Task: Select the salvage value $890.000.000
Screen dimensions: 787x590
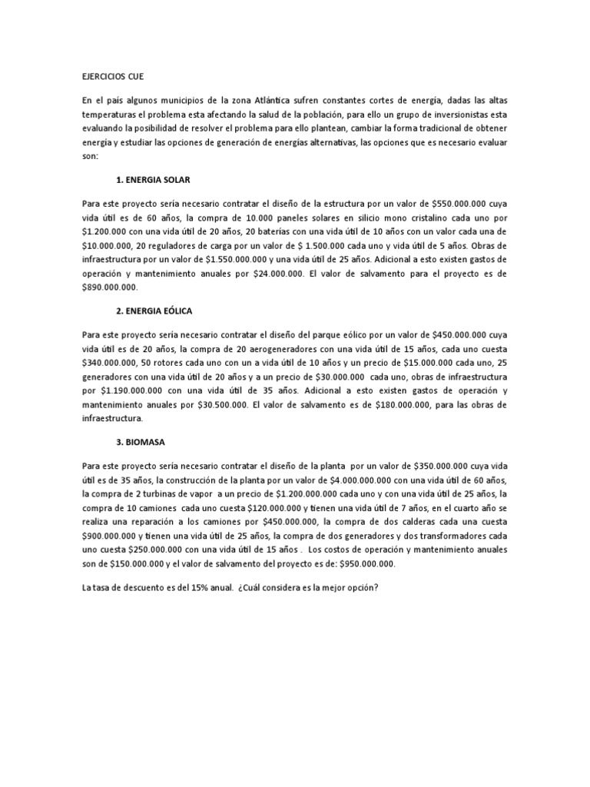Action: [109, 287]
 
